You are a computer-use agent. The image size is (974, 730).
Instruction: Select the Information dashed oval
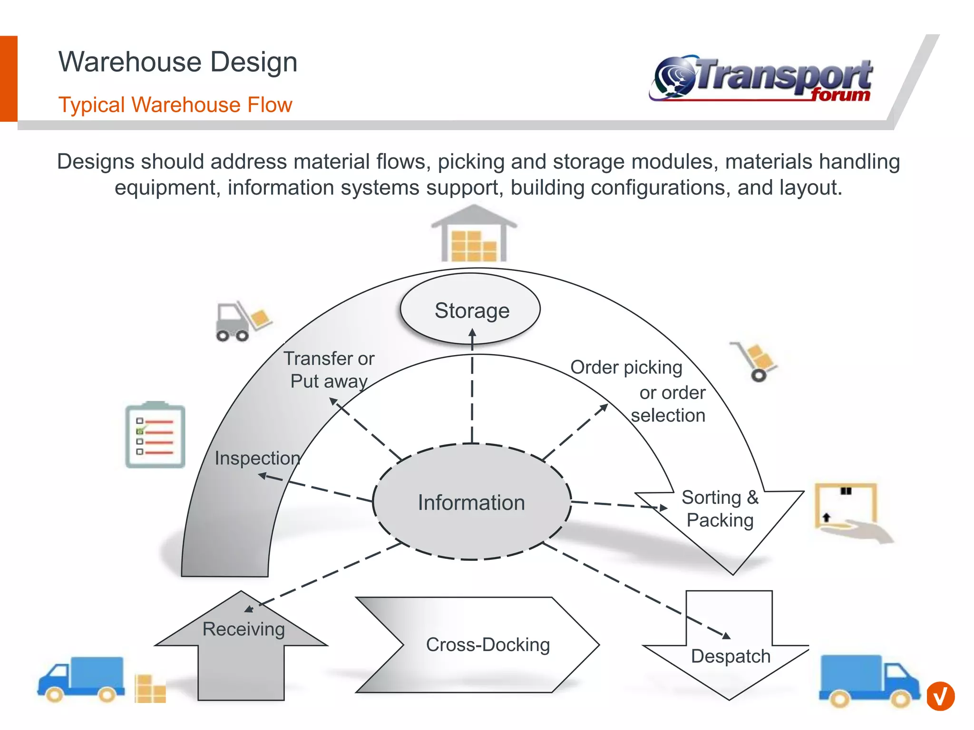point(471,502)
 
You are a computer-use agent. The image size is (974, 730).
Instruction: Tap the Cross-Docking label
point(487,645)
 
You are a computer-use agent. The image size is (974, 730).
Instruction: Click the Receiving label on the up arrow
point(243,629)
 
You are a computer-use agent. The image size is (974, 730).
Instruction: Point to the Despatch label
point(730,656)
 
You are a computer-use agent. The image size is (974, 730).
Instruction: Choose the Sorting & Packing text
point(720,509)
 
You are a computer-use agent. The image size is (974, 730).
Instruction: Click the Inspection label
point(257,458)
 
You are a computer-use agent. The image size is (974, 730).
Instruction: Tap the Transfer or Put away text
point(329,370)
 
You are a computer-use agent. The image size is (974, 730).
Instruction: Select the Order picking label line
point(626,367)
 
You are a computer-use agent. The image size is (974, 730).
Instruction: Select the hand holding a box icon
point(851,512)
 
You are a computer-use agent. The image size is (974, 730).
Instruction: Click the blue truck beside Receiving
point(82,679)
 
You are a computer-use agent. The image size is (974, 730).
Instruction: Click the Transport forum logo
point(761,79)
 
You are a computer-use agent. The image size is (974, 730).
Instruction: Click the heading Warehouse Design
point(178,62)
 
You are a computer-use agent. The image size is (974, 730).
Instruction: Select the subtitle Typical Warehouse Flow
point(175,105)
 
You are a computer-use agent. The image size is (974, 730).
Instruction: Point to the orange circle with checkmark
point(940,696)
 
